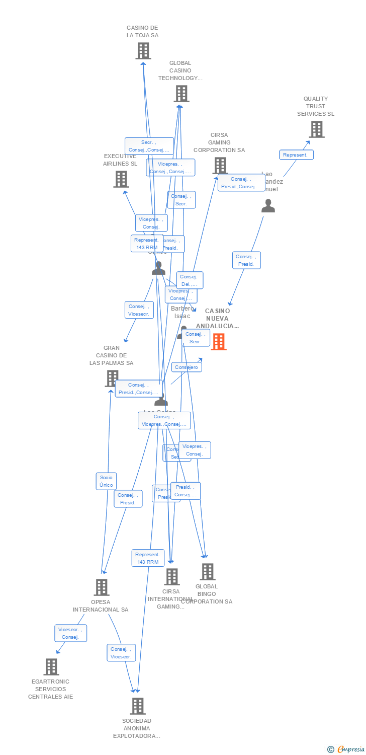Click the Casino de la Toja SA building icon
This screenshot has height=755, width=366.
143,51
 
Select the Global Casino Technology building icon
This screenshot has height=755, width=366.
181,94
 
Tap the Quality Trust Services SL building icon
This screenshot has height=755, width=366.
316,129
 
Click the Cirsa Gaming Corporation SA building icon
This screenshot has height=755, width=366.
220,165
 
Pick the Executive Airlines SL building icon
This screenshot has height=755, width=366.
121,179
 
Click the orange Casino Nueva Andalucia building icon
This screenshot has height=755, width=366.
219,342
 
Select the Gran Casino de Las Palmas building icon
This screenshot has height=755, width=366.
112,378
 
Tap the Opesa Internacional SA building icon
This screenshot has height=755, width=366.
102,587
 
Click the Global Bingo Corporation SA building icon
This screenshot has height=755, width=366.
207,572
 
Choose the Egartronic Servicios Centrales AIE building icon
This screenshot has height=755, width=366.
51,667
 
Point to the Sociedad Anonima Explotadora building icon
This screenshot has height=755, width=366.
137,706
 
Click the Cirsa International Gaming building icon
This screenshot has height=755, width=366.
171,577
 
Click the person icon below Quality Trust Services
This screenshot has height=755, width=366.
268,206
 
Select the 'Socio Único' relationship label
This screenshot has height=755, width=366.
106,481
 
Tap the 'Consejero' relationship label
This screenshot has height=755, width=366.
187,367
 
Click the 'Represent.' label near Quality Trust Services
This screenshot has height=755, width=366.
296,155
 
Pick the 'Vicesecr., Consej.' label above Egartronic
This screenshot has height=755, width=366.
70,633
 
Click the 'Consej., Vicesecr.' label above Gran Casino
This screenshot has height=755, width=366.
139,310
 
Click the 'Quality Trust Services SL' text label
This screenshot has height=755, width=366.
315,106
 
